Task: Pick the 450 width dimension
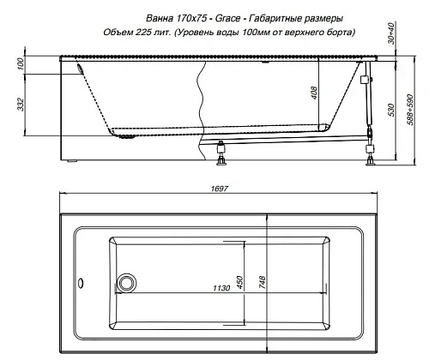(243, 282)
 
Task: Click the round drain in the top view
(128, 282)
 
